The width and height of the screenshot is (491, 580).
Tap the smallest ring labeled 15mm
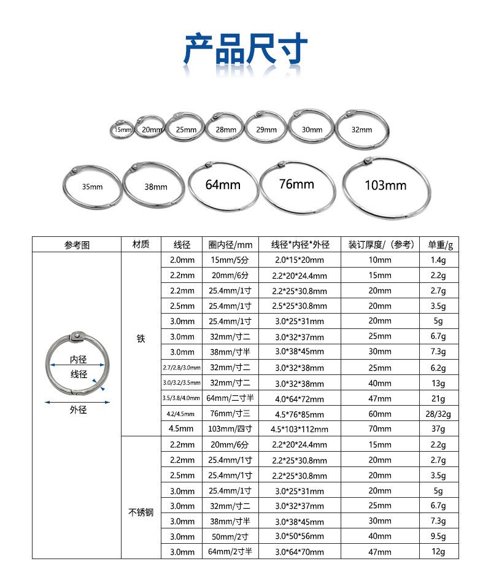[122, 129]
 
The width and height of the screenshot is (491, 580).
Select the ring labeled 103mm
[385, 185]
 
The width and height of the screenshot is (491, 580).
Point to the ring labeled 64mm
[222, 184]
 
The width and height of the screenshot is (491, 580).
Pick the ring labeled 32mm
[361, 130]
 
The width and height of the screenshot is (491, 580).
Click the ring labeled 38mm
[155, 187]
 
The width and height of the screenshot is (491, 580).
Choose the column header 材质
[141, 244]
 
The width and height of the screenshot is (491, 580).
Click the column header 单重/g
[440, 244]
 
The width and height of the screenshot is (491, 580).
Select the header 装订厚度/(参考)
[379, 244]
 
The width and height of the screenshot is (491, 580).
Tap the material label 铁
[141, 338]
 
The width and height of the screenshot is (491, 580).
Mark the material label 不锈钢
[141, 512]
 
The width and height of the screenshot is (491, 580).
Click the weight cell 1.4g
[438, 260]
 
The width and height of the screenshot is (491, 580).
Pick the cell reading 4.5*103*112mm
[300, 429]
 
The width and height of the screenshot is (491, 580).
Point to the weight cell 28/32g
[438, 414]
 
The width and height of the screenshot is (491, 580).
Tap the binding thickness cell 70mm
[379, 429]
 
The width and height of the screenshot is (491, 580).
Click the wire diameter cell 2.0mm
[182, 260]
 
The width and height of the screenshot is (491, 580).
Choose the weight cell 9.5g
[438, 536]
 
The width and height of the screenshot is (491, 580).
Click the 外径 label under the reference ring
[78, 411]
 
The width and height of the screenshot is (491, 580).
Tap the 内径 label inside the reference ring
[78, 359]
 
